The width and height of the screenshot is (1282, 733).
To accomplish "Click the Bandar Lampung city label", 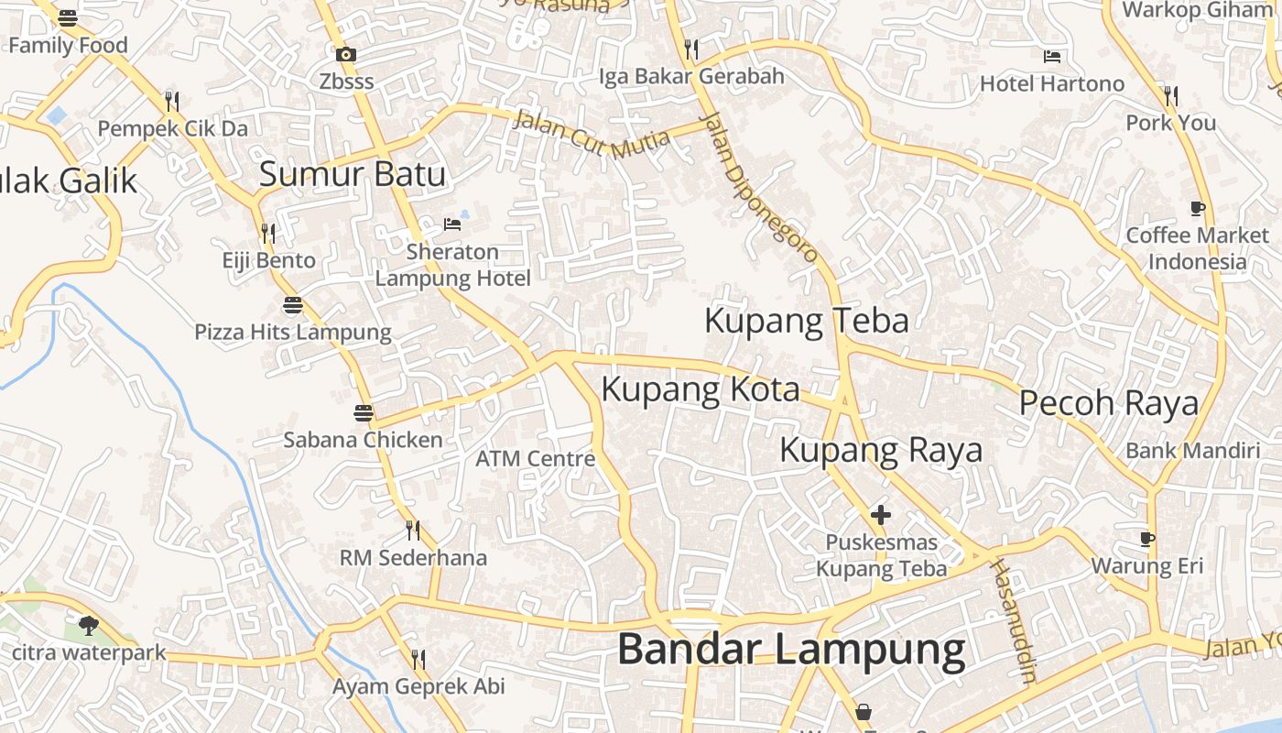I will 791,650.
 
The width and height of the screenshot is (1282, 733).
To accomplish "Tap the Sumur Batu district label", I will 353,174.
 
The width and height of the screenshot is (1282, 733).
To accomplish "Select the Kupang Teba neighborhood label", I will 806,321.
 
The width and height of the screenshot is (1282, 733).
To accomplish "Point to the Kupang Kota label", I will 700,389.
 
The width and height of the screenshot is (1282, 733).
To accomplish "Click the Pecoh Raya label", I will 1108,403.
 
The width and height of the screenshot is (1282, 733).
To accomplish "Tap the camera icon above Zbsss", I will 346,55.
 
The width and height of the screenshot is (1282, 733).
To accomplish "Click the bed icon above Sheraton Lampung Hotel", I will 452,224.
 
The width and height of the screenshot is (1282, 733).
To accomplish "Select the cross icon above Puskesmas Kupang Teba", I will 881,515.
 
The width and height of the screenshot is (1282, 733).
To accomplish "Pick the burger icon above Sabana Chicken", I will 364,413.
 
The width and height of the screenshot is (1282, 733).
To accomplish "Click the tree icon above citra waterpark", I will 89,626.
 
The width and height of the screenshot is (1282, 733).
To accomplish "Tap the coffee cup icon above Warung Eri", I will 1147,539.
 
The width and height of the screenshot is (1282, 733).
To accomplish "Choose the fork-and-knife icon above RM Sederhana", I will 413,531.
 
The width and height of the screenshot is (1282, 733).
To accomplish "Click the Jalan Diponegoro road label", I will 758,188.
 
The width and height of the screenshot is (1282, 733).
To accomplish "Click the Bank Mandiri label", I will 1192,451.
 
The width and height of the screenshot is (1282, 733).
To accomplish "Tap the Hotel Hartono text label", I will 1052,84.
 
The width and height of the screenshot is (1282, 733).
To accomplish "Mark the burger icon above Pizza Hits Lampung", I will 293,305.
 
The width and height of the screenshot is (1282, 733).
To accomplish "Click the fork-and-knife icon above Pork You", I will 1170,95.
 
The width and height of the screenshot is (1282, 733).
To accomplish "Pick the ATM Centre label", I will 536,458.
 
